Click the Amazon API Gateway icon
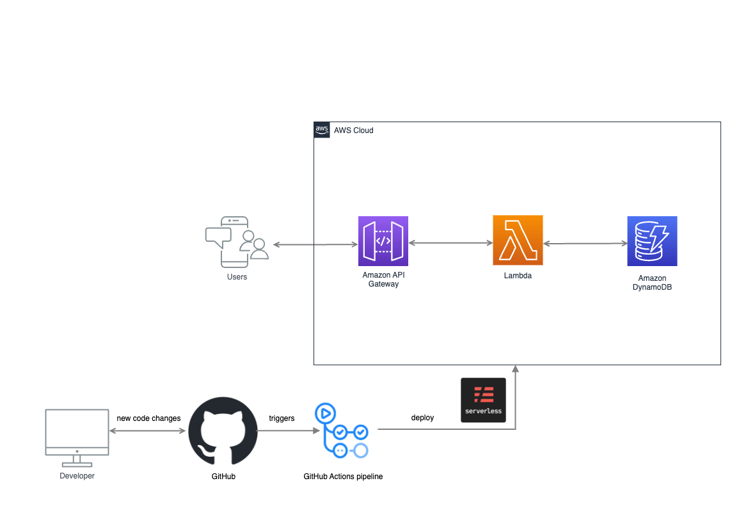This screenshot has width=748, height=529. coord(383,241)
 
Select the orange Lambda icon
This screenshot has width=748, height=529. coord(518,240)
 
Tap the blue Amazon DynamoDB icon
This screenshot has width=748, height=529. coord(652,241)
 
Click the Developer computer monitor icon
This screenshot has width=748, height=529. coord(77,437)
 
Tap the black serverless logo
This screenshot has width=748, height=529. coord(483,400)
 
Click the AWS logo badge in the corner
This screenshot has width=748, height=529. coord(321,129)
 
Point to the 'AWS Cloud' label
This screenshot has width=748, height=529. coord(353,130)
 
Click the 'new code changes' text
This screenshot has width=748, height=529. coord(148,418)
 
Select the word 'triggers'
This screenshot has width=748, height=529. coord(282,418)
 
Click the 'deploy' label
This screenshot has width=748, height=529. coord(422,418)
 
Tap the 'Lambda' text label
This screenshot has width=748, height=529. coord(518,276)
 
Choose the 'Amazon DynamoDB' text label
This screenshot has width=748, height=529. coord(652,283)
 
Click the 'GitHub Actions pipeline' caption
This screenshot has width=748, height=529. coord(343,477)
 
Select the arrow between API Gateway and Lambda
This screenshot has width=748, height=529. coord(450,243)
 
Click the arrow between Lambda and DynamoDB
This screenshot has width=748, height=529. coord(585,244)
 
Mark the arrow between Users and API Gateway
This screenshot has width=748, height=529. coord(315,244)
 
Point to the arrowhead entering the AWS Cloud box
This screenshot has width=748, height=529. coord(515,369)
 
